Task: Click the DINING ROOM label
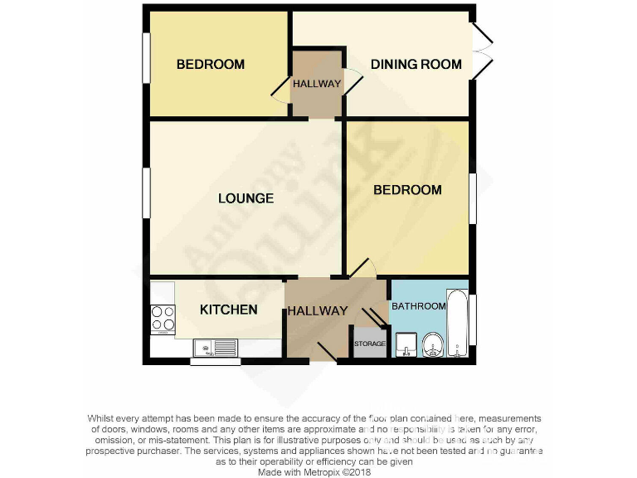(x=416, y=64)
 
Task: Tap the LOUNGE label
(x=246, y=198)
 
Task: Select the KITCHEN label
(x=229, y=310)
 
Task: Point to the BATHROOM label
(x=419, y=306)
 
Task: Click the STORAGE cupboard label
(x=370, y=344)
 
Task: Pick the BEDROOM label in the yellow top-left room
(x=211, y=64)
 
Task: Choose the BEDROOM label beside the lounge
(x=407, y=190)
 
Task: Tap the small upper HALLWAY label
(x=317, y=84)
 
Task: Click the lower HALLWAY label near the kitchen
(x=318, y=311)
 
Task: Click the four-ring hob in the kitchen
(x=163, y=319)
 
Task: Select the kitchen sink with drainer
(x=215, y=347)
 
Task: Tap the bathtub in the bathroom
(x=457, y=324)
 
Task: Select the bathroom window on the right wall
(x=474, y=320)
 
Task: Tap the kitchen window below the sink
(x=215, y=361)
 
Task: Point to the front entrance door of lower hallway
(x=326, y=352)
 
